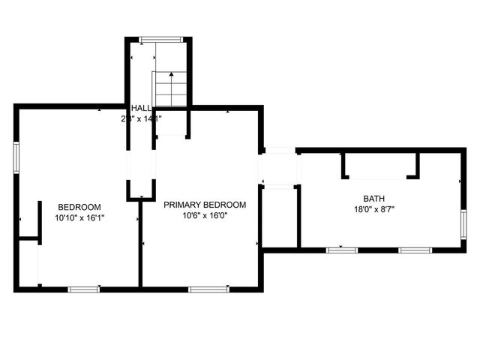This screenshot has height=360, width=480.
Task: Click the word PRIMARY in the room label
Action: (182, 205)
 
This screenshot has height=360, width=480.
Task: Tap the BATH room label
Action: (368, 199)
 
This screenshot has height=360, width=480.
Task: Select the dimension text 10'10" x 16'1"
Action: (79, 218)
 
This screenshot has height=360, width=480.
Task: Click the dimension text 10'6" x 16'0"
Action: (205, 215)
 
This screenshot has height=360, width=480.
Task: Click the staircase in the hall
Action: (169, 88)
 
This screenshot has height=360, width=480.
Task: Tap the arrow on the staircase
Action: (172, 75)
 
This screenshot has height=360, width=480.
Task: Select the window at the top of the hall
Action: (160, 39)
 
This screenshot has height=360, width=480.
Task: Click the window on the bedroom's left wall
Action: (16, 158)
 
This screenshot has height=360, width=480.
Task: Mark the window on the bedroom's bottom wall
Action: (84, 289)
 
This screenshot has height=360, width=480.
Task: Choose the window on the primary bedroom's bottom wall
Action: (208, 289)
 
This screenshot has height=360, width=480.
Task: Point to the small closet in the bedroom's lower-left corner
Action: (28, 262)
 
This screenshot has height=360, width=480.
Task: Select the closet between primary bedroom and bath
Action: (280, 217)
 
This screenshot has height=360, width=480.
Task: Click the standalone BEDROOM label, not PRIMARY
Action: (79, 207)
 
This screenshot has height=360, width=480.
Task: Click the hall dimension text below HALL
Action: (142, 118)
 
